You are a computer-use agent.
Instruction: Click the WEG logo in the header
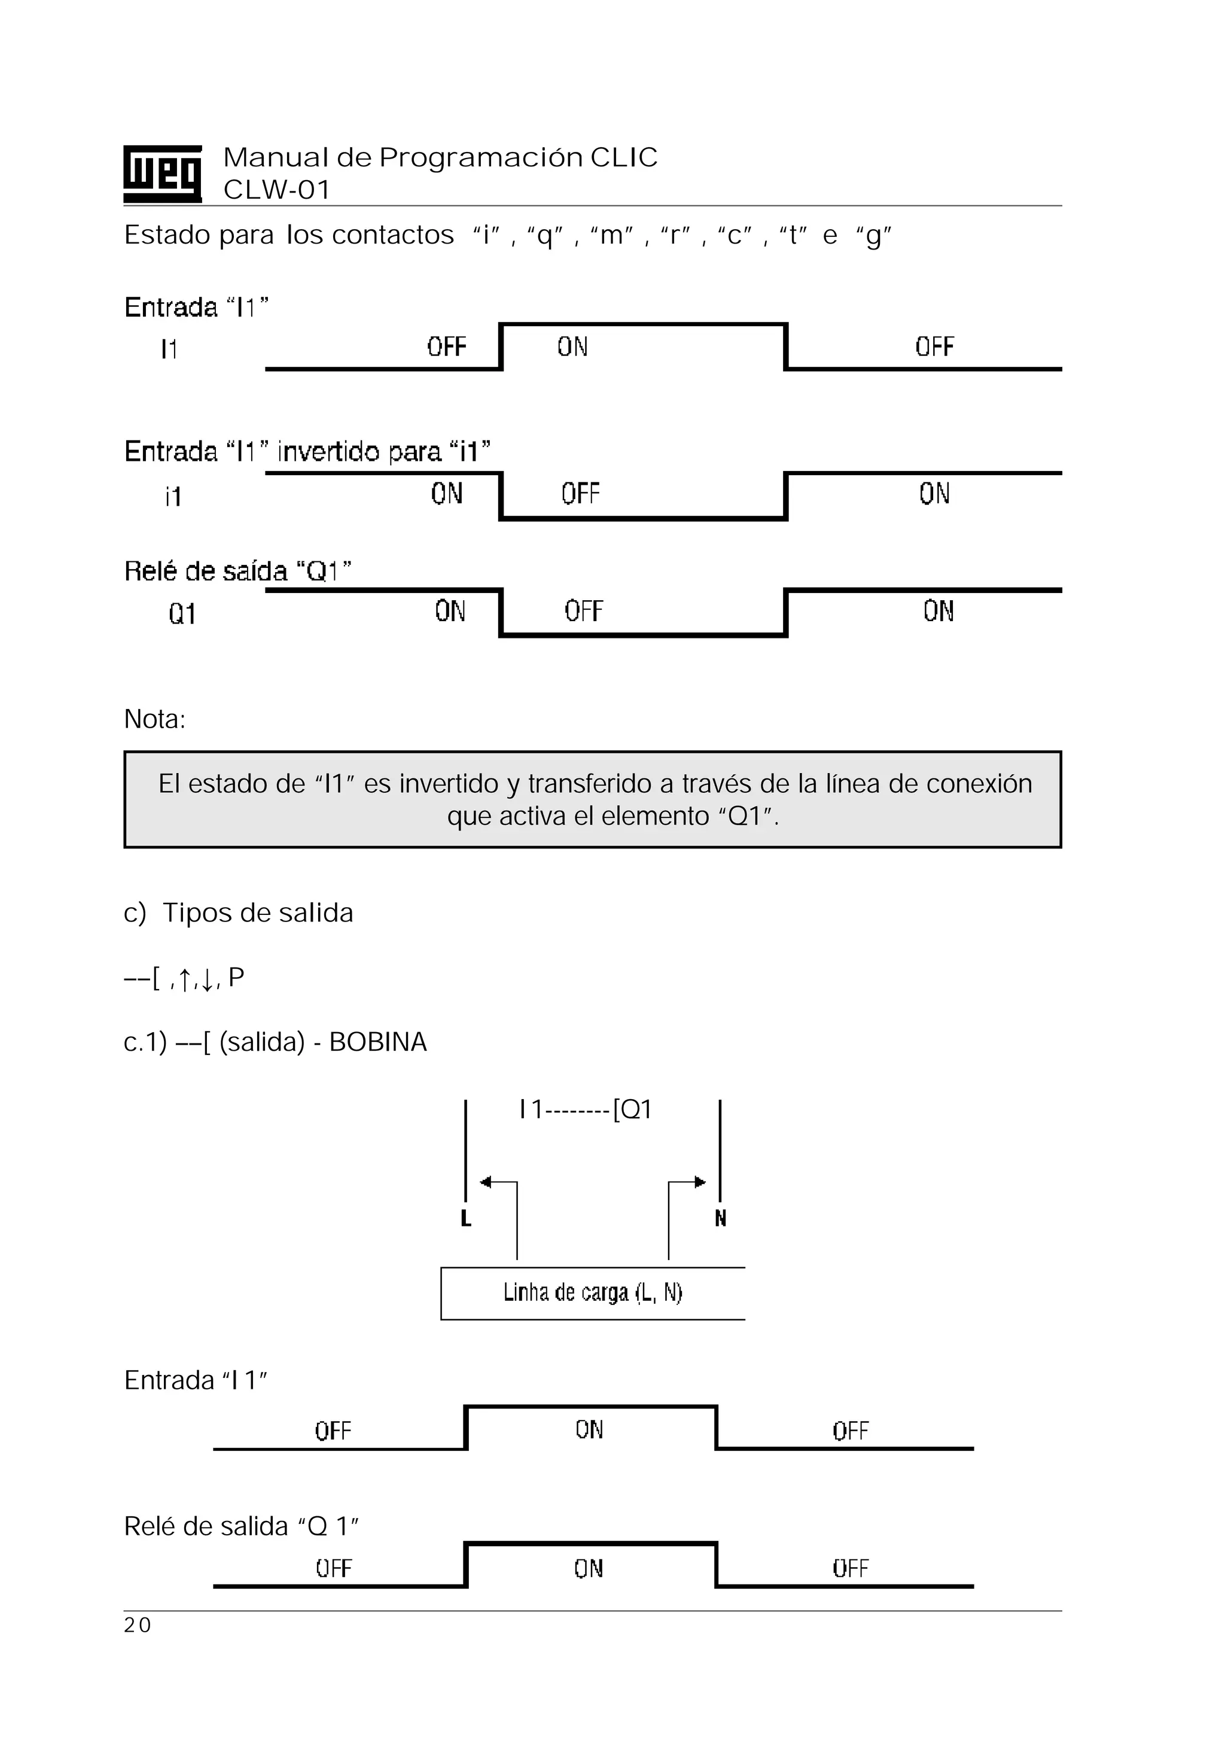(x=162, y=174)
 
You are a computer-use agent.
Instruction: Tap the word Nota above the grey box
(x=154, y=719)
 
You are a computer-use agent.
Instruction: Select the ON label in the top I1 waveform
(x=572, y=347)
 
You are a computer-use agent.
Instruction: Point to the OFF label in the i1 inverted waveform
(x=580, y=494)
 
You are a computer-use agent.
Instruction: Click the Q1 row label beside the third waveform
(x=182, y=613)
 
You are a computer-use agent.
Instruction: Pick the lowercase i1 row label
(x=173, y=497)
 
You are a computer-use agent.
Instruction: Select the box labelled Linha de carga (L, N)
(x=592, y=1293)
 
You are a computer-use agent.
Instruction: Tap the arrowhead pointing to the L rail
(x=486, y=1182)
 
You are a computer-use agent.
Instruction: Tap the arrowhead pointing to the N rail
(x=700, y=1182)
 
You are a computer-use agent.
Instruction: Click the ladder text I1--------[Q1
(x=585, y=1110)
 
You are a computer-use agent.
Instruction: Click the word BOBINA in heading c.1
(x=377, y=1042)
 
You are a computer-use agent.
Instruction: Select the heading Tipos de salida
(x=258, y=912)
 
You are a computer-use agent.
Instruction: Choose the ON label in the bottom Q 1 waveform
(x=588, y=1568)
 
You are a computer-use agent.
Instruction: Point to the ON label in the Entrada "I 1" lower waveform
(x=589, y=1430)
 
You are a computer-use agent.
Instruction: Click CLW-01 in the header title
(x=276, y=190)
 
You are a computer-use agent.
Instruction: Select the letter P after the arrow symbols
(x=236, y=977)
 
